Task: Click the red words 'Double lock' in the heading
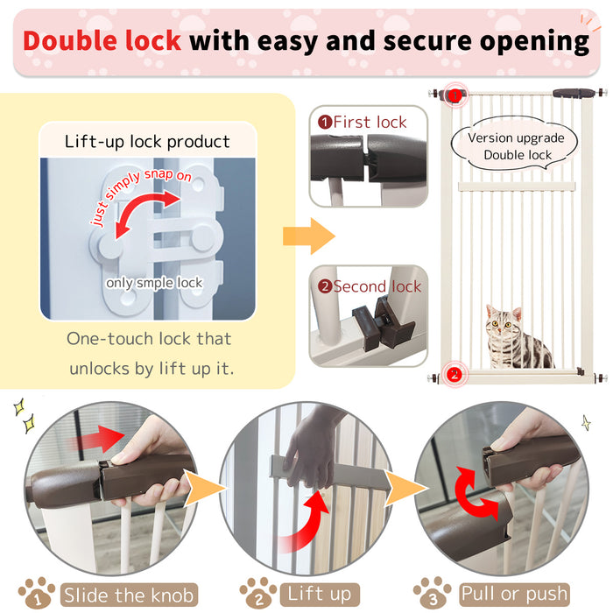(x=102, y=41)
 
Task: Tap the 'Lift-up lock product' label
(x=147, y=142)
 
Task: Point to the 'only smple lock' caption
(x=154, y=283)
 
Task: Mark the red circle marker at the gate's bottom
(x=454, y=376)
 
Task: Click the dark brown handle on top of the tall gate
(x=573, y=92)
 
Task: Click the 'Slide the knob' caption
(x=128, y=595)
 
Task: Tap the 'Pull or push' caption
(x=514, y=595)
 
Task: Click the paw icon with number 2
(x=258, y=593)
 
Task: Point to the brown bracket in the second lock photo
(x=383, y=322)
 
